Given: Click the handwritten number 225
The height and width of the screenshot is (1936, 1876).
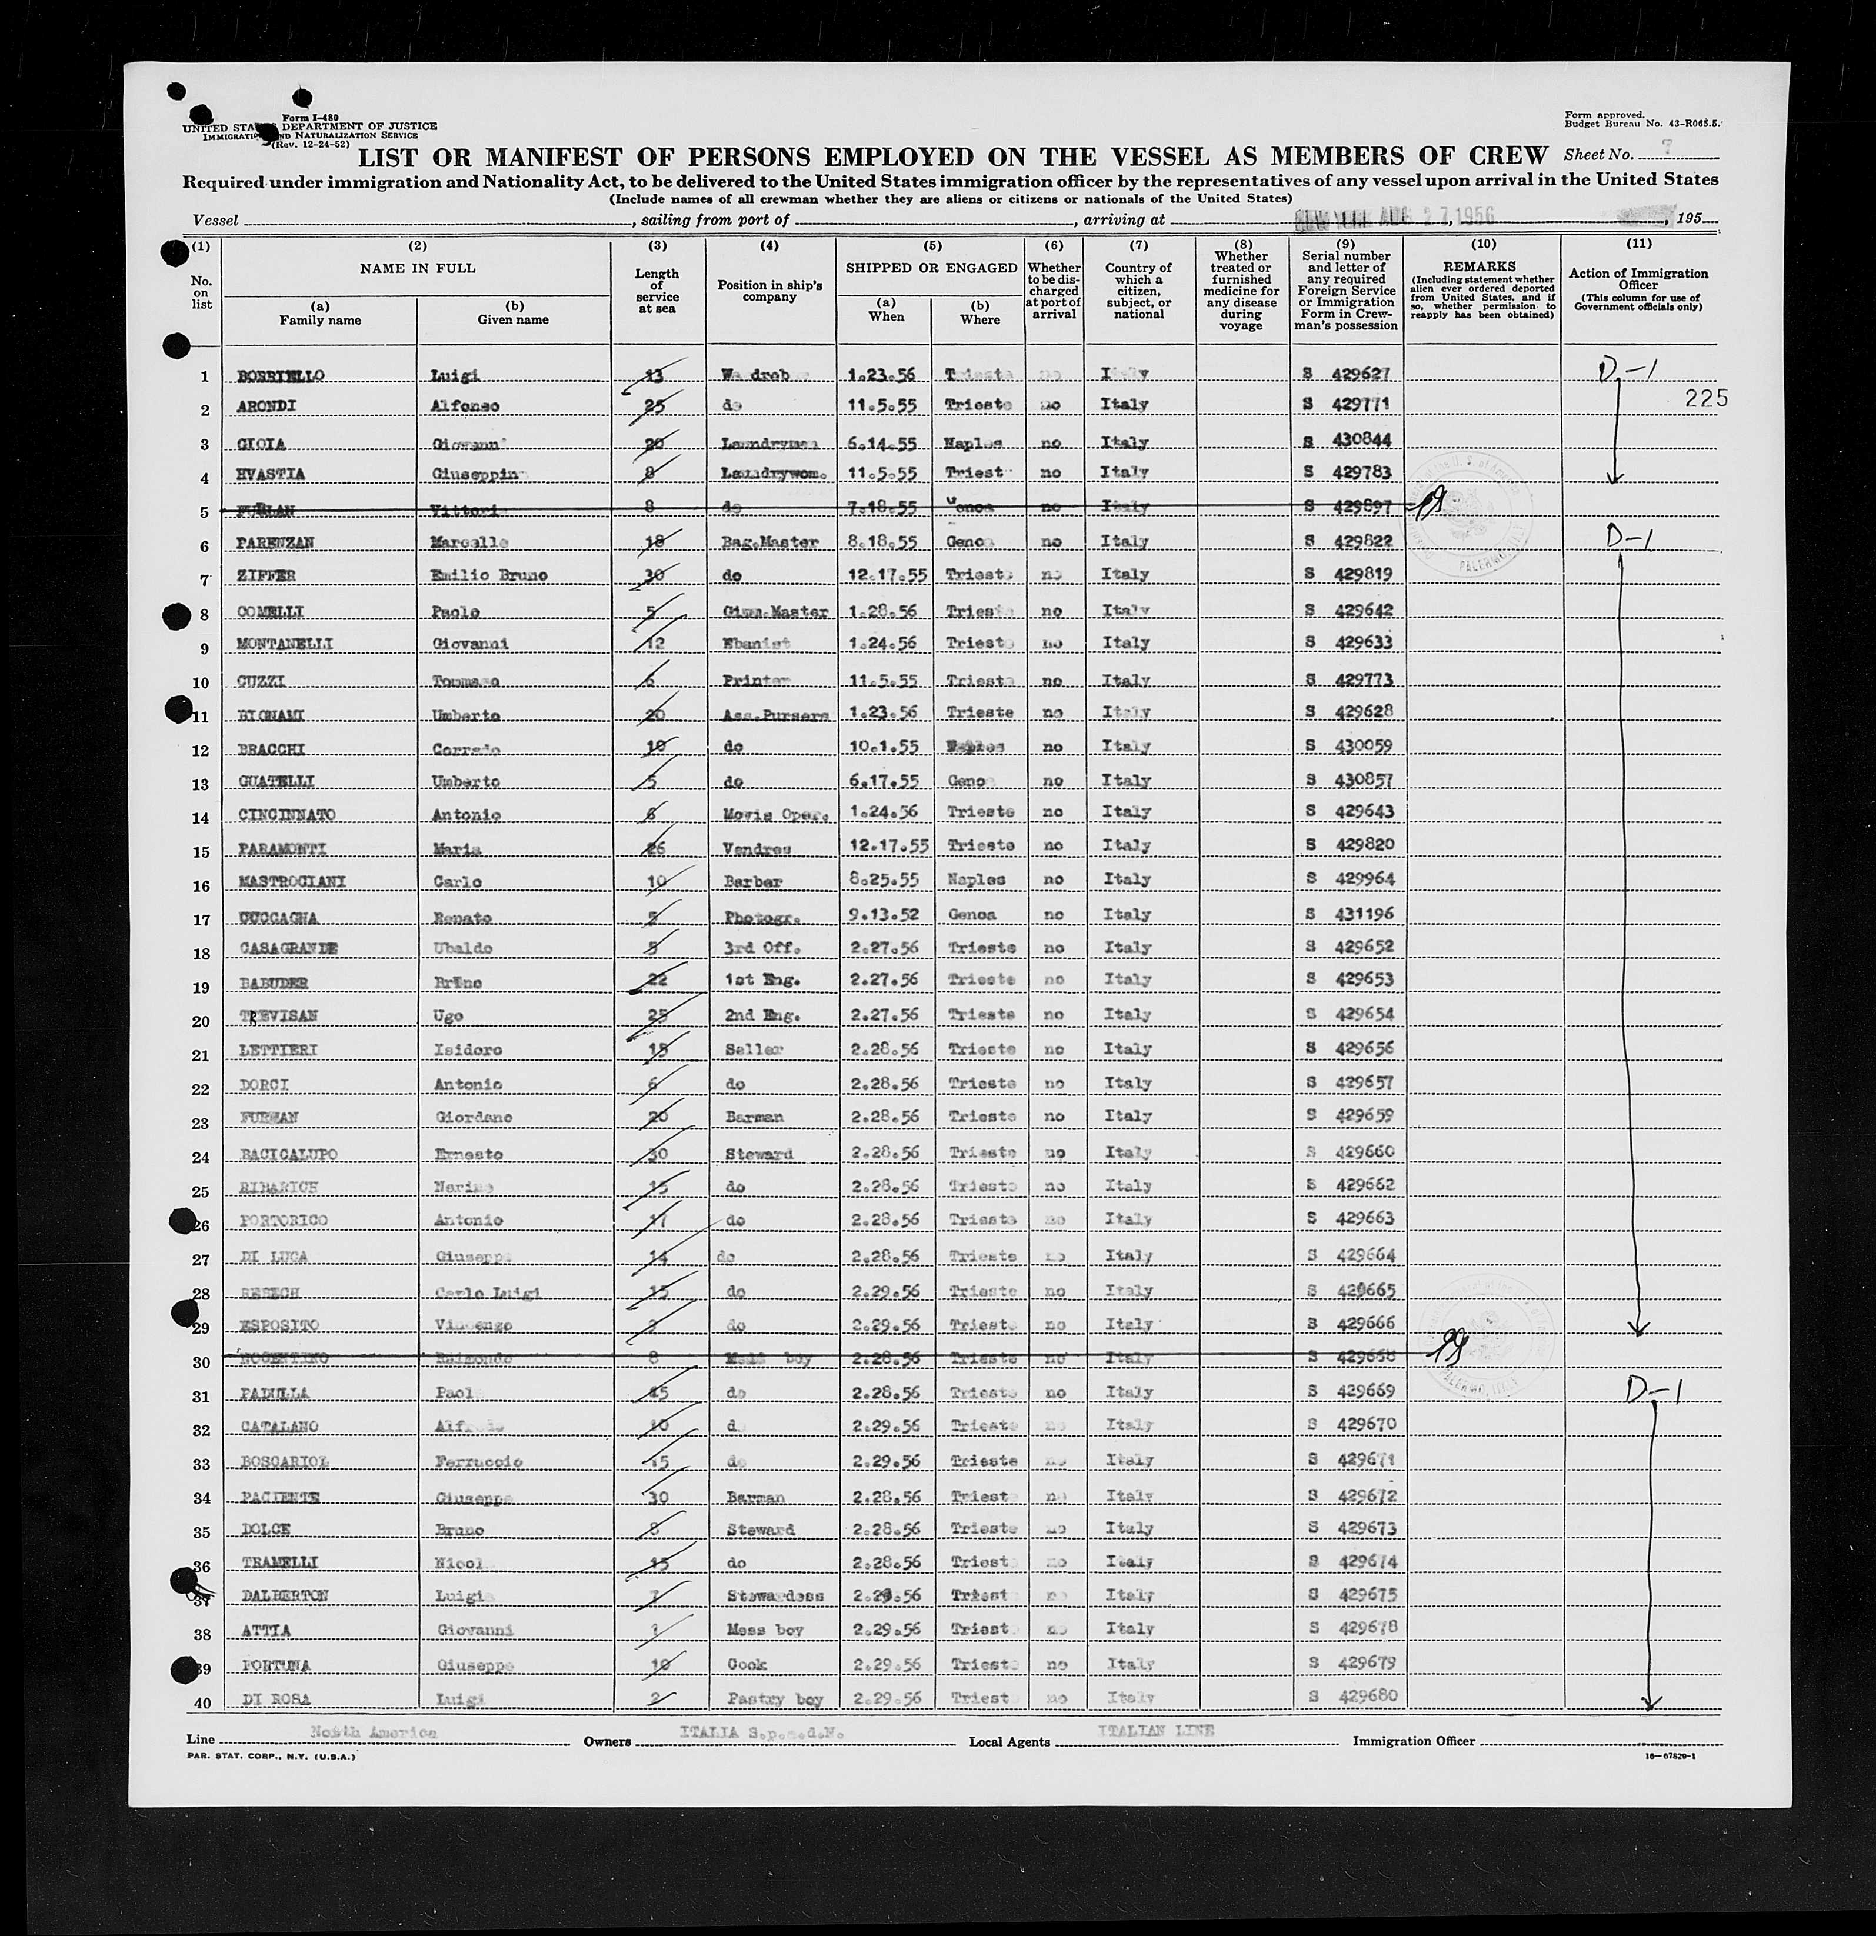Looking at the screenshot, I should coord(1709,398).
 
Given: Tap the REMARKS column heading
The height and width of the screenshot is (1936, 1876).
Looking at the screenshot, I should coord(1482,266).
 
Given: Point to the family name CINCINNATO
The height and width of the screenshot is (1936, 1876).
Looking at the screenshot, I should coord(286,814).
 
